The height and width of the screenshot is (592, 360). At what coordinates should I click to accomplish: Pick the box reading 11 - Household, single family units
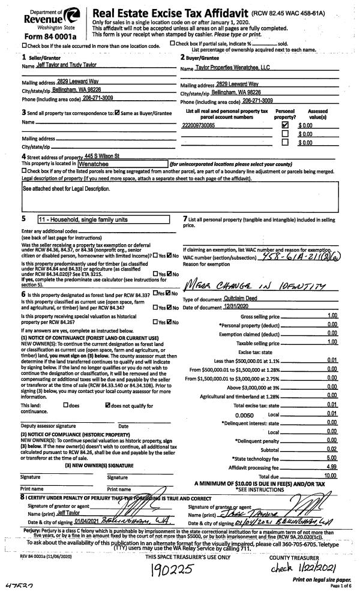point(103,219)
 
